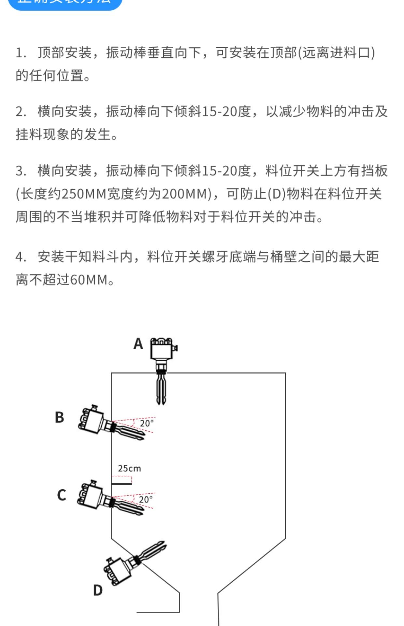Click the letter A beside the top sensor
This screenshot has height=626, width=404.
coord(138,344)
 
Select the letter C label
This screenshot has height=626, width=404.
coord(61,495)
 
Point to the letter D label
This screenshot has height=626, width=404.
coord(98,590)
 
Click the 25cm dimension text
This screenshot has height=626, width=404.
coord(129,469)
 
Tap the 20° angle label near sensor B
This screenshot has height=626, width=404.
coord(147,424)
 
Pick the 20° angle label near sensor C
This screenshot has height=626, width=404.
coord(145,500)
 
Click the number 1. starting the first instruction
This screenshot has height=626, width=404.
coord(21,53)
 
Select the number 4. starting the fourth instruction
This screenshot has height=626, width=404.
coord(21,257)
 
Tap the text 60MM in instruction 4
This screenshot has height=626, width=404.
coord(89,280)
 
